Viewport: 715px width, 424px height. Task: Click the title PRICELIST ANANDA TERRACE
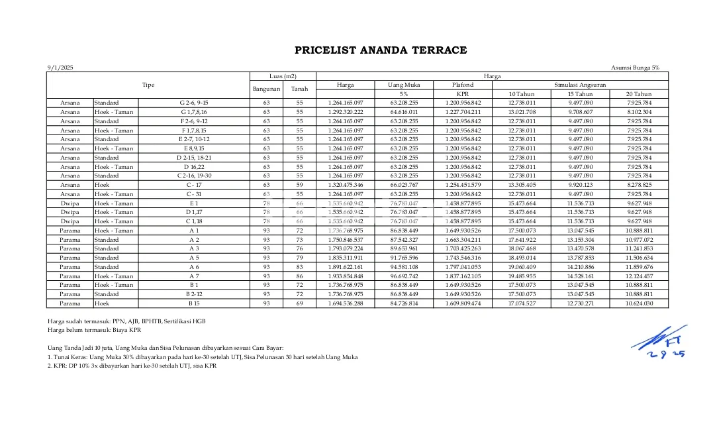tap(381, 50)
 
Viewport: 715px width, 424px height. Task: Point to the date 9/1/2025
tap(60, 68)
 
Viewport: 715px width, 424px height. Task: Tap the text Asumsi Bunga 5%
tap(635, 68)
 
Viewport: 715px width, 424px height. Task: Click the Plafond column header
tap(462, 85)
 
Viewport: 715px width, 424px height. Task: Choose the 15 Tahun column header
tap(579, 94)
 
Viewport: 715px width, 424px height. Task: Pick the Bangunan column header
tap(267, 89)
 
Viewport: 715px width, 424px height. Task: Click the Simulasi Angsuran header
tap(579, 85)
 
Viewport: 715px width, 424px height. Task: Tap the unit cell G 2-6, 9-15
tap(194, 103)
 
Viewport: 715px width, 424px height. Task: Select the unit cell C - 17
tap(194, 185)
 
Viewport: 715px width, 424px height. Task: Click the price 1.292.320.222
tap(346, 112)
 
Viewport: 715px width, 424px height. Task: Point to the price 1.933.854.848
tap(346, 276)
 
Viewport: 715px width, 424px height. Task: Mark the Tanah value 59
tap(299, 185)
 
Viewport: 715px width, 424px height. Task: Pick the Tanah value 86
tap(299, 276)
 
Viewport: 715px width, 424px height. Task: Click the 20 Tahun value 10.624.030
tap(639, 303)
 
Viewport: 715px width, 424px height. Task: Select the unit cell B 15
tap(194, 303)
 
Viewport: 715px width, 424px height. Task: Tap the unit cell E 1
tap(194, 203)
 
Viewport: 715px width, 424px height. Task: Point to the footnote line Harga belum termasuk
tap(95, 330)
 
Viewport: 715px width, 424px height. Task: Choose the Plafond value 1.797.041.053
tap(462, 267)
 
